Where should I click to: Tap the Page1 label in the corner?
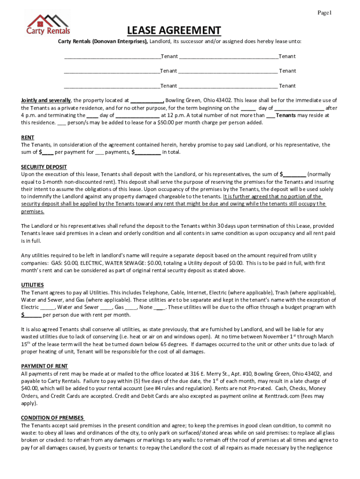(x=324, y=13)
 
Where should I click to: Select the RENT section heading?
(x=27, y=138)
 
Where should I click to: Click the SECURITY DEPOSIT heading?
(x=44, y=167)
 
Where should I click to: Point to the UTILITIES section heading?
(x=32, y=284)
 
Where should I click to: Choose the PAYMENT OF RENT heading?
(x=44, y=366)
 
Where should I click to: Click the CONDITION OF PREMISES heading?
(x=52, y=418)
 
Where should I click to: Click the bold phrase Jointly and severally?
(x=46, y=100)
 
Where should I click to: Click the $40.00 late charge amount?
(x=30, y=388)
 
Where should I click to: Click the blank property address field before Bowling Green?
(x=147, y=101)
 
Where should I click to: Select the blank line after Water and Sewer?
(x=106, y=308)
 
